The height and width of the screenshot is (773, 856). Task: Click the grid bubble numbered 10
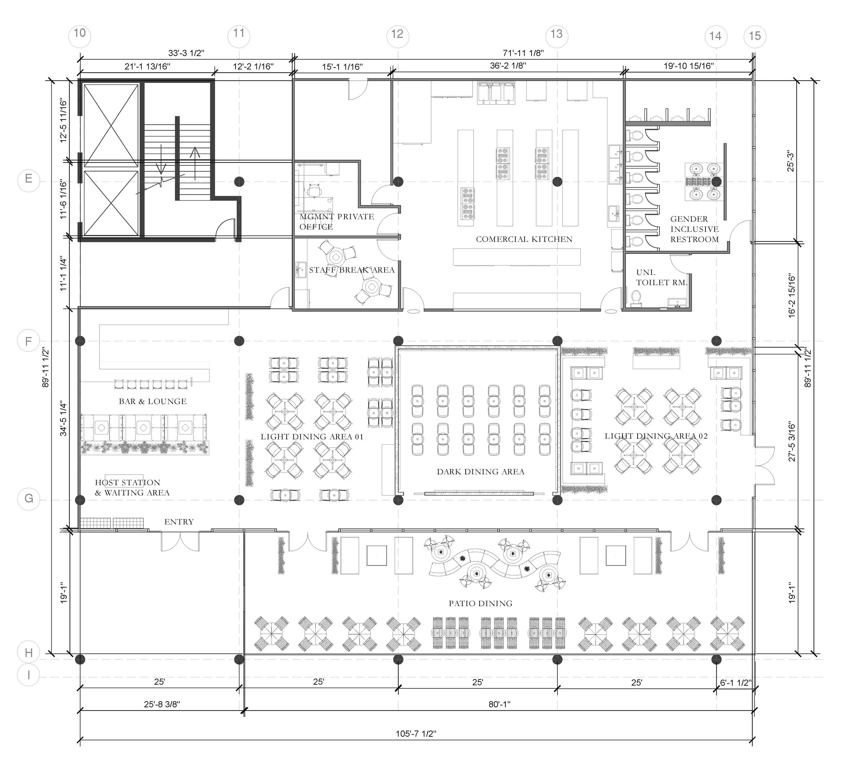pos(80,33)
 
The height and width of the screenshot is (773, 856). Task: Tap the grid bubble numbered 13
pos(556,34)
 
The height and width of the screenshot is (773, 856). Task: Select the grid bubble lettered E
pos(28,179)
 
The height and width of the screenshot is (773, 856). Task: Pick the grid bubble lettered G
pos(28,498)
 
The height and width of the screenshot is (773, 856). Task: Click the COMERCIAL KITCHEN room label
pos(524,239)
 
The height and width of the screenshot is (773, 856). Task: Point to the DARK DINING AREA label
pos(480,471)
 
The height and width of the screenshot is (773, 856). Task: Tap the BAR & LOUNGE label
pos(153,401)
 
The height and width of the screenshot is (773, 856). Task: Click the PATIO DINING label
pos(480,603)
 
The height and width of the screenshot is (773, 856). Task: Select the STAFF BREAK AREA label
pos(352,270)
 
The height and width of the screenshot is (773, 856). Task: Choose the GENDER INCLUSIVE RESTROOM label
pos(694,229)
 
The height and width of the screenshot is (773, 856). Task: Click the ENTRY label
pos(179,522)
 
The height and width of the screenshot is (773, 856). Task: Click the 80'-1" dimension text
pos(499,704)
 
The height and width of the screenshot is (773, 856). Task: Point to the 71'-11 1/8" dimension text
pos(523,53)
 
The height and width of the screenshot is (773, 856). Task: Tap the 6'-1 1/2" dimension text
pos(735,683)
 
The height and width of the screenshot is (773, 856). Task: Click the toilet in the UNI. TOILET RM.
pos(635,298)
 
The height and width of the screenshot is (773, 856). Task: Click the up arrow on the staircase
pos(195,163)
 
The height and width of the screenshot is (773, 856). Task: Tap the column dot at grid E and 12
pos(398,182)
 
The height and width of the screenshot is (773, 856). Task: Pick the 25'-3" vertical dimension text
pos(790,161)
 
